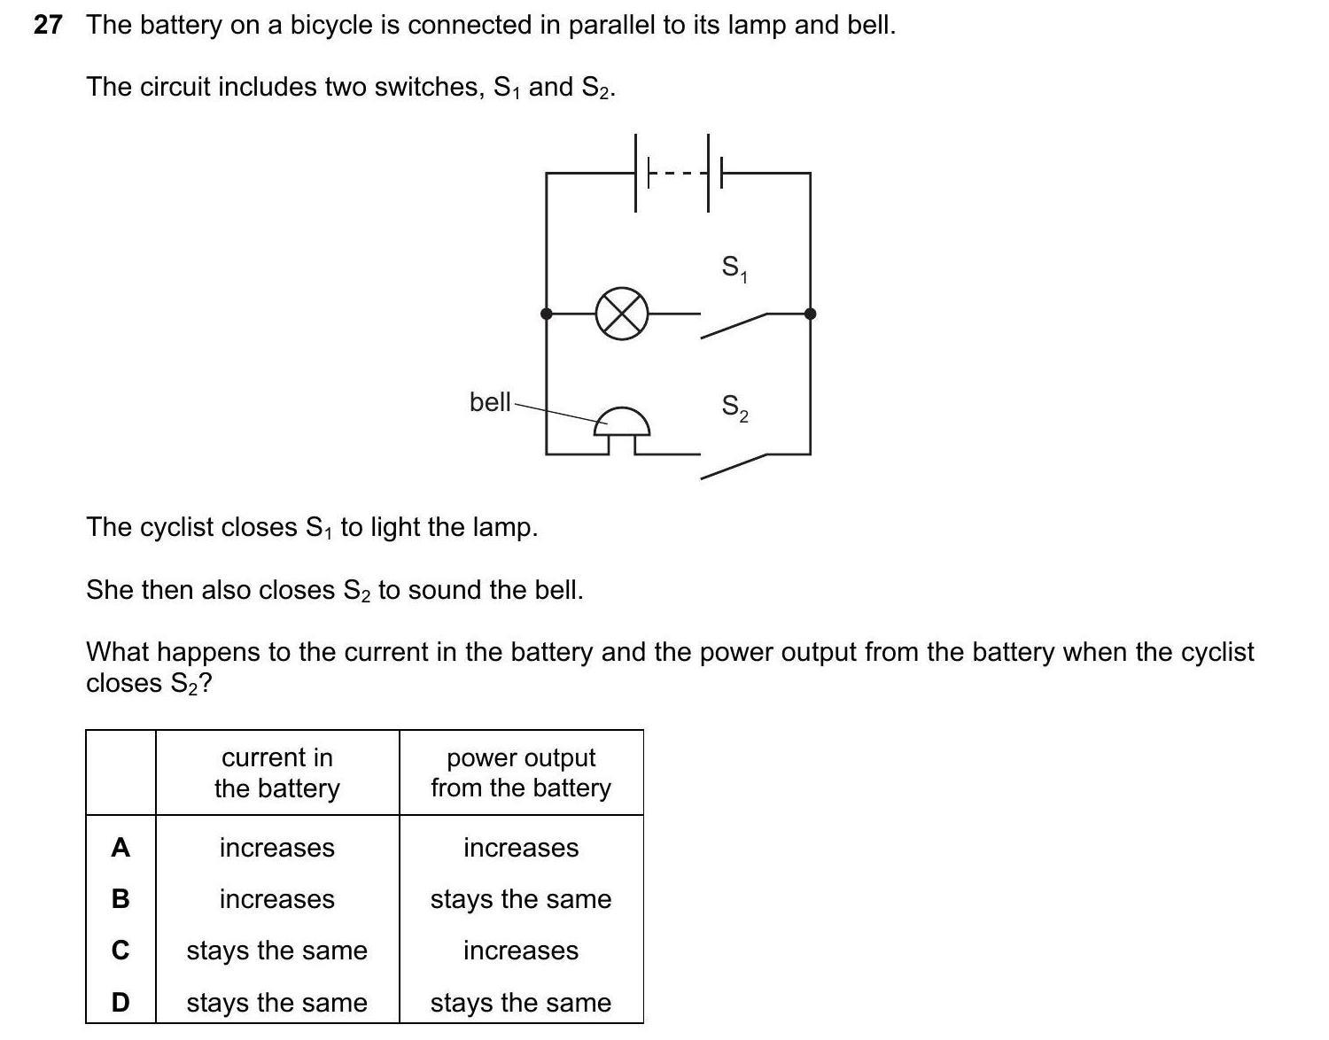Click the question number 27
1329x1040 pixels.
tap(48, 26)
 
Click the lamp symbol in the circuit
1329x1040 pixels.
tap(622, 314)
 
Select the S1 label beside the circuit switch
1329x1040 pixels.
tap(734, 268)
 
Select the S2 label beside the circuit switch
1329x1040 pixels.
tap(734, 407)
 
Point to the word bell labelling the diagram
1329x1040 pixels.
tap(490, 402)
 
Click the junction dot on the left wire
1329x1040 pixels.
tap(547, 314)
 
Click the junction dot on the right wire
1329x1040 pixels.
tap(810, 314)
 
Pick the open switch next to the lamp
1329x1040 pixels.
tap(734, 324)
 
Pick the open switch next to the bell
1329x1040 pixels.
tap(734, 465)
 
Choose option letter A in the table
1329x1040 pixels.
tap(120, 848)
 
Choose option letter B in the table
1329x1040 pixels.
tap(120, 899)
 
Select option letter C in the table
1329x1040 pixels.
tap(120, 951)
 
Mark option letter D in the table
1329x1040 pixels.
tap(120, 1002)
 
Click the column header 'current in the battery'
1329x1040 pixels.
tap(277, 772)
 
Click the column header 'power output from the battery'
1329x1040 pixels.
tap(521, 772)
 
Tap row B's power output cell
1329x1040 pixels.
tap(521, 899)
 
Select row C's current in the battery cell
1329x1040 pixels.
tap(277, 951)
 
